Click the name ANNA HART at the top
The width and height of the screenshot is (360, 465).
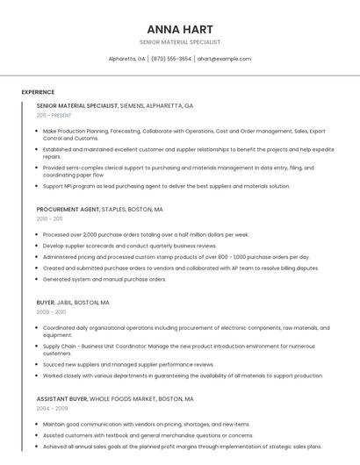(179, 29)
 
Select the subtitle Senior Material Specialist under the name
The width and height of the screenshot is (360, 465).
(179, 42)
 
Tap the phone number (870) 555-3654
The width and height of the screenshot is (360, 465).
(170, 59)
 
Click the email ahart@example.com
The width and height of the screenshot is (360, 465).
(224, 59)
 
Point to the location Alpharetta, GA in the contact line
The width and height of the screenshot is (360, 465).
(126, 59)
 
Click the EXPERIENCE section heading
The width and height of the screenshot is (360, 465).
(38, 92)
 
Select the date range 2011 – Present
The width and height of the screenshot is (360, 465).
(54, 115)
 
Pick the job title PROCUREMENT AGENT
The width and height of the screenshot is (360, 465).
(68, 210)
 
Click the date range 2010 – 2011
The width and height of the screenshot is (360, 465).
(49, 218)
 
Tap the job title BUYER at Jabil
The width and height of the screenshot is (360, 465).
(45, 302)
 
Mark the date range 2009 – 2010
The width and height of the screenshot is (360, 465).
(51, 311)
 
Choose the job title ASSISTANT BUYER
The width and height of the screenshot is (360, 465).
(61, 398)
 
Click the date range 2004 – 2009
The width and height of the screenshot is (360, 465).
(52, 408)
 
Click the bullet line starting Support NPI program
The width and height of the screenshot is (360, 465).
(166, 186)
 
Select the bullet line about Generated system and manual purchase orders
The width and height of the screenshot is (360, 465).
(104, 279)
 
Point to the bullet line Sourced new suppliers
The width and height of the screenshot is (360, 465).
(128, 364)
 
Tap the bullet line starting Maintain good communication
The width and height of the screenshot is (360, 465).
(147, 424)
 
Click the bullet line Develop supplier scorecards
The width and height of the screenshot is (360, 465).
(130, 246)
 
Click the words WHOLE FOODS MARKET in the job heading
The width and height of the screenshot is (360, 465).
(131, 398)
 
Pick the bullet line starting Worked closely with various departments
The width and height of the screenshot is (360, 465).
(183, 376)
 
